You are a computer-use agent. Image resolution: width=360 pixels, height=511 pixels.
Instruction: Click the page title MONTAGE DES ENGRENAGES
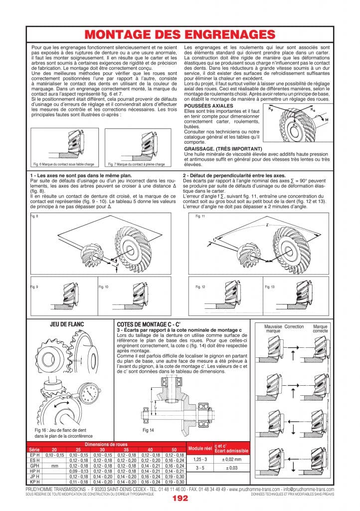point(180,34)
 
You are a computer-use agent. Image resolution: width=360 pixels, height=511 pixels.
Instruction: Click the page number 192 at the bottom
point(180,498)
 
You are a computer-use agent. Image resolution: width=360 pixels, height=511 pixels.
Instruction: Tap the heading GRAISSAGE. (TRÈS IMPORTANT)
point(223,149)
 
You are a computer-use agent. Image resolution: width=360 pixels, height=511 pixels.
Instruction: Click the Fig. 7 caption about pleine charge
point(136,164)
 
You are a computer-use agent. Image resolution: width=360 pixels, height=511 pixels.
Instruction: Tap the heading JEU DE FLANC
point(67,324)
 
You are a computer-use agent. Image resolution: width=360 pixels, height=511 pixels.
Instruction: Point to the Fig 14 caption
point(148,430)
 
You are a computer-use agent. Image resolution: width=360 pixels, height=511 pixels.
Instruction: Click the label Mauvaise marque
point(273,328)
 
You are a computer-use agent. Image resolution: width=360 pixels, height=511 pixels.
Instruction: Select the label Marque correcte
point(320,328)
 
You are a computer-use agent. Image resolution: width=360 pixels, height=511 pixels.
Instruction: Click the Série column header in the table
point(34,450)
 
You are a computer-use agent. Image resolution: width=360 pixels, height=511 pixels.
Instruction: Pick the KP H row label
point(34,482)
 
